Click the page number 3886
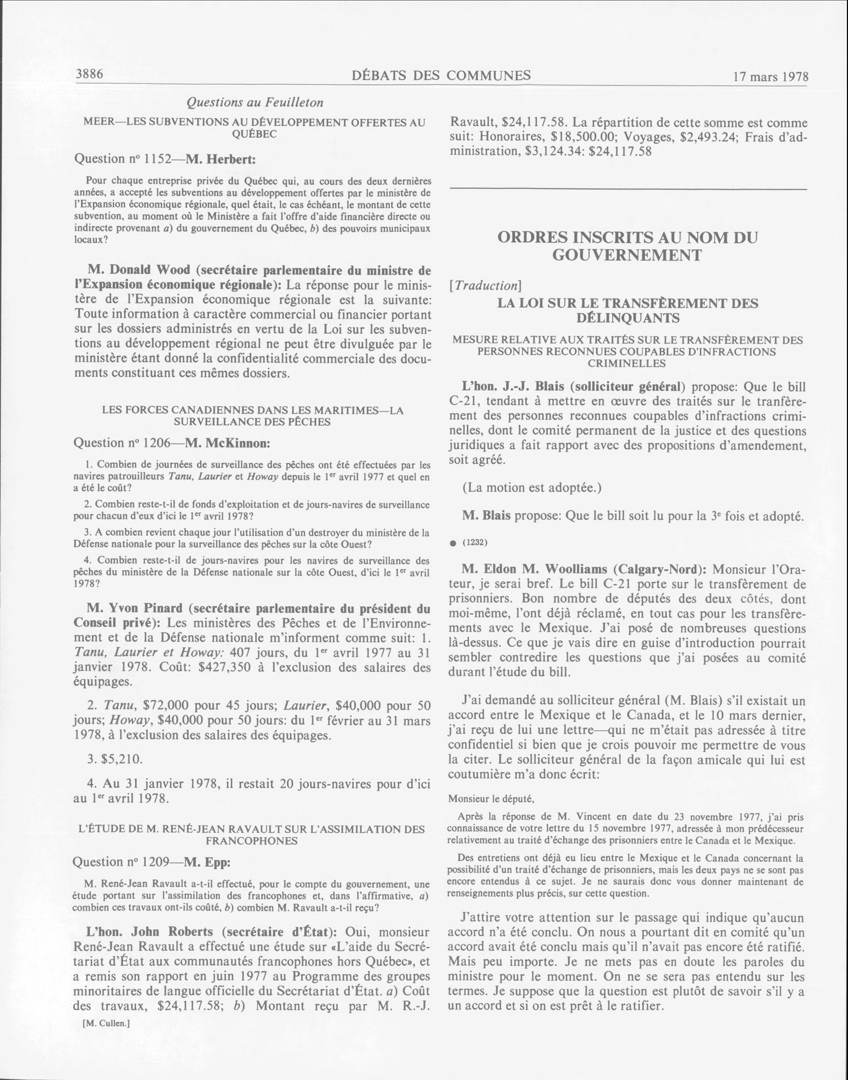(x=89, y=74)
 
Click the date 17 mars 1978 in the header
(x=770, y=77)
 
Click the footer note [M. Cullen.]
(x=106, y=1023)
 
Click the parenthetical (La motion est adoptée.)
(x=532, y=487)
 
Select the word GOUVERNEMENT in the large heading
(x=627, y=255)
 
